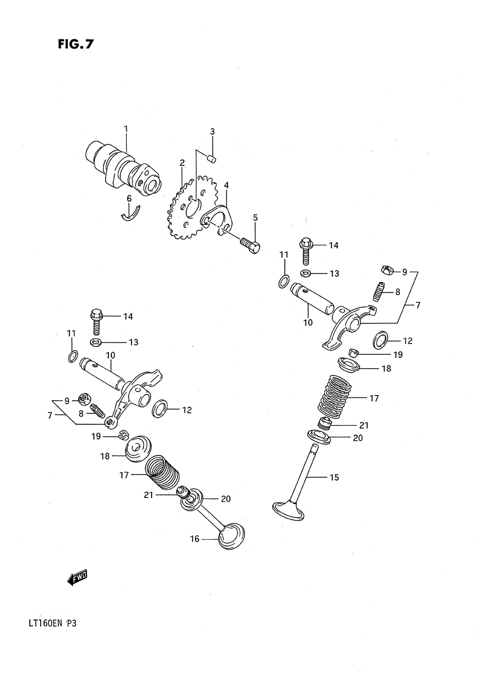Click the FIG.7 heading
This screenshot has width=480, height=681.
(x=75, y=45)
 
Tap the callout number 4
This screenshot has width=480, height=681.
(x=226, y=185)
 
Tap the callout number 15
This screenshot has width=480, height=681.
(x=334, y=477)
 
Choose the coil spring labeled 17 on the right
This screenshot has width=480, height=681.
(x=336, y=396)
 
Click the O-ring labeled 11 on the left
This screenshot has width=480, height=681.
(x=72, y=356)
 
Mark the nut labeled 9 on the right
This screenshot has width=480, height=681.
(x=386, y=270)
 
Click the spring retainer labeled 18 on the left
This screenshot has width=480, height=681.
(x=138, y=447)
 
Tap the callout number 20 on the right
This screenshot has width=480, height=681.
(x=358, y=438)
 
